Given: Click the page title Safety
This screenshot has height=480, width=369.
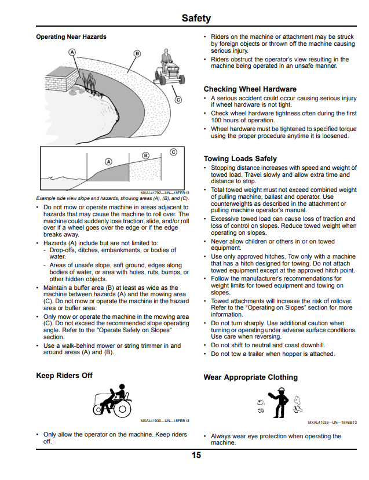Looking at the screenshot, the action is click(196, 18).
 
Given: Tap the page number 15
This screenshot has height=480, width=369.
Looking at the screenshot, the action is click(196, 455).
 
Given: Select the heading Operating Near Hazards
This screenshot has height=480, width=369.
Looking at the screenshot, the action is click(71, 37).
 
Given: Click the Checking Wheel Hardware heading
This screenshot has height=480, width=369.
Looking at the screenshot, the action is click(250, 89).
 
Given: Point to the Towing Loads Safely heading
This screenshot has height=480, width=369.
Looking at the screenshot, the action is click(240, 159).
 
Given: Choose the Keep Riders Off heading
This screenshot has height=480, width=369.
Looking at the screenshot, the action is click(64, 375).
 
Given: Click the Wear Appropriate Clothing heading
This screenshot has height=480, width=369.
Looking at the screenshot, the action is click(251, 377).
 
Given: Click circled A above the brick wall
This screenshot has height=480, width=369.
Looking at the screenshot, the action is click(72, 52).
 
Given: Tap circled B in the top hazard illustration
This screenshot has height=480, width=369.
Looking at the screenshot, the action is click(137, 53).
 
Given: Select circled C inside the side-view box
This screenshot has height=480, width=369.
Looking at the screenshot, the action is click(173, 152).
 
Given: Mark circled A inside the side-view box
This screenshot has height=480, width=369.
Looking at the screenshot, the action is click(109, 162).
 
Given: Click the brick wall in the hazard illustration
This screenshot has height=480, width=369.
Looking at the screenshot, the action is click(62, 79).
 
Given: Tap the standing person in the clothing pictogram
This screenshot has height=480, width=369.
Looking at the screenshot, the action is click(279, 402).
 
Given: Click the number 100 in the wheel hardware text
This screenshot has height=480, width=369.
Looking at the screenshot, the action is click(216, 121).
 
